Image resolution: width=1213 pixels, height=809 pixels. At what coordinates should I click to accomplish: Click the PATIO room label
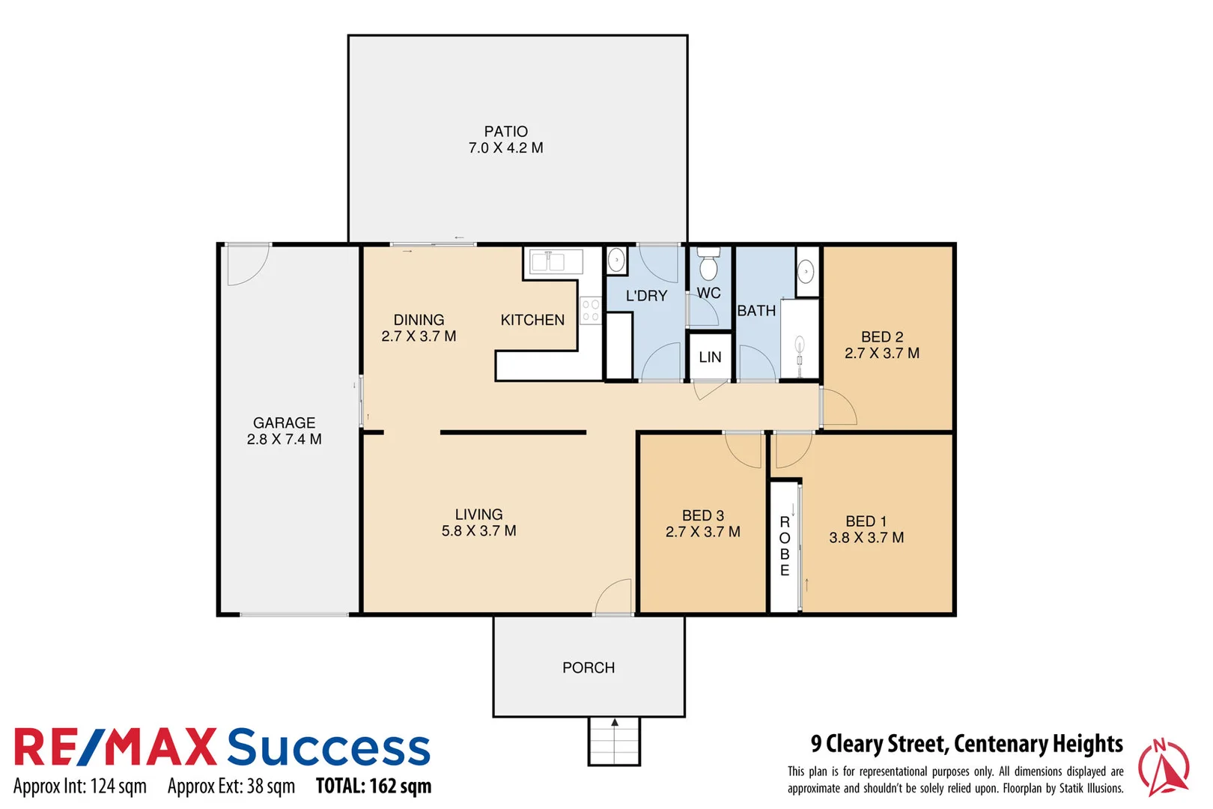[x=505, y=132]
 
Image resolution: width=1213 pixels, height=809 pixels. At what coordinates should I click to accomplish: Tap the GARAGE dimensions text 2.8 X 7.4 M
[x=284, y=440]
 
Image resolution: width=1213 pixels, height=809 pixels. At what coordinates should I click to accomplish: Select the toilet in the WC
[x=708, y=265]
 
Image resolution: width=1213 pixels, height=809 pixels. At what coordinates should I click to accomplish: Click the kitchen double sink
[x=556, y=261]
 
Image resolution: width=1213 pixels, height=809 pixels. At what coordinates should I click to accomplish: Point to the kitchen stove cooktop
[x=590, y=310]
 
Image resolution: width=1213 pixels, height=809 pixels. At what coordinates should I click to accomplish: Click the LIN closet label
[x=710, y=357]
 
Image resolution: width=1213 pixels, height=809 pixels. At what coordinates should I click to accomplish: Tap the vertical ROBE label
[x=784, y=546]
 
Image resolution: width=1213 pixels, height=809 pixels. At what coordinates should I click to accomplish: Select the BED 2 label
[x=881, y=337]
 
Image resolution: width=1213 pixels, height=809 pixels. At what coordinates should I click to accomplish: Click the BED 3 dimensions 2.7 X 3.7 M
[x=702, y=532]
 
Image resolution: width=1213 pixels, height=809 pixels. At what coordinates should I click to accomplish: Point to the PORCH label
[x=589, y=667]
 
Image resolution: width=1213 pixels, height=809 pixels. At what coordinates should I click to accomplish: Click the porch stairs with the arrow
[x=614, y=741]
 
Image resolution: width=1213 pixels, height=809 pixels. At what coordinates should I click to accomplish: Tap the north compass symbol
[x=1163, y=767]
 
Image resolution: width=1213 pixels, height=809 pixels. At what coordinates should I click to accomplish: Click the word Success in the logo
[x=329, y=748]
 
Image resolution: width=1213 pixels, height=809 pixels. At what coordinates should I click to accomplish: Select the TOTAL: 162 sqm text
[x=373, y=787]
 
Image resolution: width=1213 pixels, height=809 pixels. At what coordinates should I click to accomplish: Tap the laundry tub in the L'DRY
[x=615, y=260]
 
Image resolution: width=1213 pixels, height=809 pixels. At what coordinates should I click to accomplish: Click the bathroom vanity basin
[x=806, y=270]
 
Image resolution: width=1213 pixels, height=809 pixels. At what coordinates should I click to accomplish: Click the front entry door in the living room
[x=615, y=597]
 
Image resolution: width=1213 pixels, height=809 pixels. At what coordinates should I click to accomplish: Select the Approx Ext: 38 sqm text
[x=231, y=787]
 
